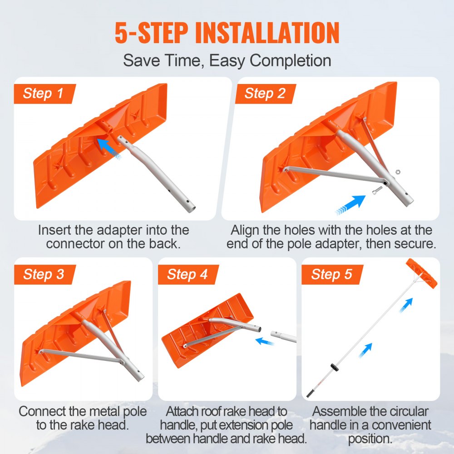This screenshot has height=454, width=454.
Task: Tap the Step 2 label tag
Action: [265, 94]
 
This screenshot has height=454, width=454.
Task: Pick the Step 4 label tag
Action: [187, 274]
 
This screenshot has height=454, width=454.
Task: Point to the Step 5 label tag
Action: [331, 274]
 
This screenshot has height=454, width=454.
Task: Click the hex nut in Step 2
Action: [397, 172]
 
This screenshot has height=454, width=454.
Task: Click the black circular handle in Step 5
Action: [334, 366]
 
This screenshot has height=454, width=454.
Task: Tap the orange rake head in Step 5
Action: [422, 274]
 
